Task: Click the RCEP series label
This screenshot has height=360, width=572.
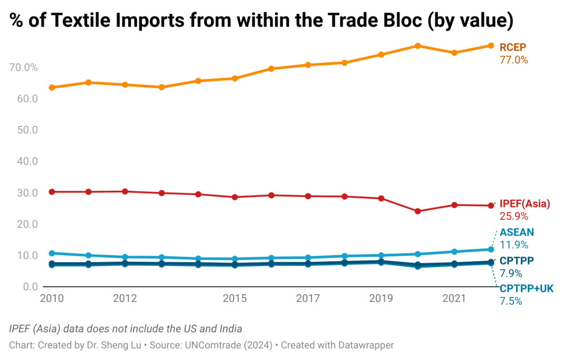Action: [x=513, y=47]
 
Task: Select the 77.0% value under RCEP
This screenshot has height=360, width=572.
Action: [x=514, y=60]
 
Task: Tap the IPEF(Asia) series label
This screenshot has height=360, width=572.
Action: [x=525, y=204]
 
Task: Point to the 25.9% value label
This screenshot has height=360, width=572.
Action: [x=514, y=216]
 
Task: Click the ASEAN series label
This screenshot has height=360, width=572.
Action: [x=517, y=232]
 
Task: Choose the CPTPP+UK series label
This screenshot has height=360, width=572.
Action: [x=527, y=288]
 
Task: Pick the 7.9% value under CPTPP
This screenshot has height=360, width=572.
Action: [x=511, y=274]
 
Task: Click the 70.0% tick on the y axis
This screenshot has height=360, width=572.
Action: [x=23, y=68]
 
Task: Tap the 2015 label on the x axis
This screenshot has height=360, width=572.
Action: [x=235, y=299]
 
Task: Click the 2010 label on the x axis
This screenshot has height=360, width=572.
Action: [x=52, y=299]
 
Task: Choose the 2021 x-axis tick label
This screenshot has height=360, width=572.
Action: [x=454, y=299]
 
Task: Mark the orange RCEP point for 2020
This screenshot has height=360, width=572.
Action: [x=417, y=46]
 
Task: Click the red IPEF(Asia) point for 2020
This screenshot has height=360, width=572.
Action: [x=417, y=211]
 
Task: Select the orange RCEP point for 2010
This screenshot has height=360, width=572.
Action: [x=52, y=88]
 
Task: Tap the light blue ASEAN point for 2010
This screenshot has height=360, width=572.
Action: [x=52, y=253]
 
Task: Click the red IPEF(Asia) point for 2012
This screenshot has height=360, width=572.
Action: [x=125, y=191]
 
